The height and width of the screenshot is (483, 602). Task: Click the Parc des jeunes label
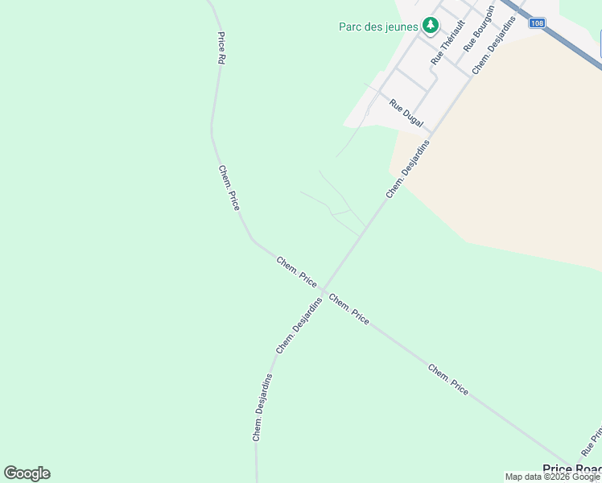pyautogui.click(x=377, y=27)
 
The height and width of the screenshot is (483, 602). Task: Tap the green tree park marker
pyautogui.click(x=431, y=26)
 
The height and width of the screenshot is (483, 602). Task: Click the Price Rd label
pyautogui.click(x=221, y=47)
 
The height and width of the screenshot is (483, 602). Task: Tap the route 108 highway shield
pyautogui.click(x=537, y=23)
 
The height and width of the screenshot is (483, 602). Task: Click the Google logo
pyautogui.click(x=27, y=473)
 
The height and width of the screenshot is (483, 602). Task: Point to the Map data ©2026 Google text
pyautogui.click(x=552, y=477)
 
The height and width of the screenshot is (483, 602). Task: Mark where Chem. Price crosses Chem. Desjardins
pyautogui.click(x=324, y=290)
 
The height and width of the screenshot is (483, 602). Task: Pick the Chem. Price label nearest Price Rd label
pyautogui.click(x=229, y=188)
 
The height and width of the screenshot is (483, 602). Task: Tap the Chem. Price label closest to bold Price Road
pyautogui.click(x=448, y=380)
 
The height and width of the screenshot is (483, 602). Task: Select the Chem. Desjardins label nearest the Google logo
pyautogui.click(x=262, y=407)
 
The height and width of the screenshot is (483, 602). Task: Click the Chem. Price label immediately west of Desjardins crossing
pyautogui.click(x=296, y=271)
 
